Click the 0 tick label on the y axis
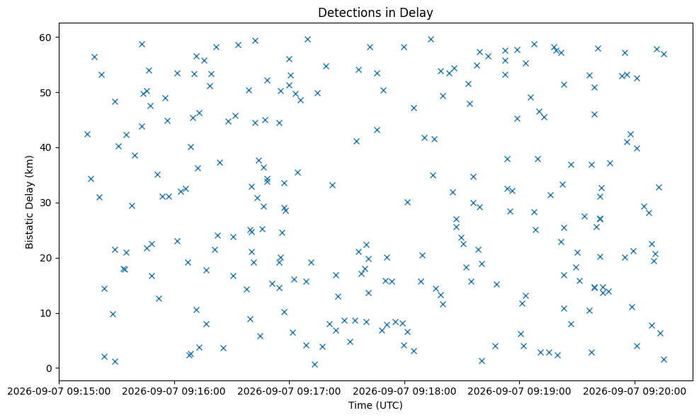click(49, 368)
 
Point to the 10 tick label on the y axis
click(46, 313)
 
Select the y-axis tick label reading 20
click(46, 258)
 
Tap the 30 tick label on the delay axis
click(46, 203)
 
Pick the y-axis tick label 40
click(46, 147)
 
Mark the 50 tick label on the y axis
click(46, 92)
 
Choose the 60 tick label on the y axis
click(46, 38)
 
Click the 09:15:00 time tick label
click(59, 392)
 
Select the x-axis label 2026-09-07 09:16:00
click(174, 392)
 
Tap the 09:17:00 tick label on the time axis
click(290, 392)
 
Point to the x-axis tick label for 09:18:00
click(405, 392)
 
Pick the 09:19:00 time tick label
click(519, 392)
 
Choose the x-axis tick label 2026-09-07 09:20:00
click(635, 392)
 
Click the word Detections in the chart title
click(343, 13)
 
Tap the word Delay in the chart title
click(419, 13)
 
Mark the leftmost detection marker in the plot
click(87, 135)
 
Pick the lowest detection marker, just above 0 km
click(314, 364)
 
